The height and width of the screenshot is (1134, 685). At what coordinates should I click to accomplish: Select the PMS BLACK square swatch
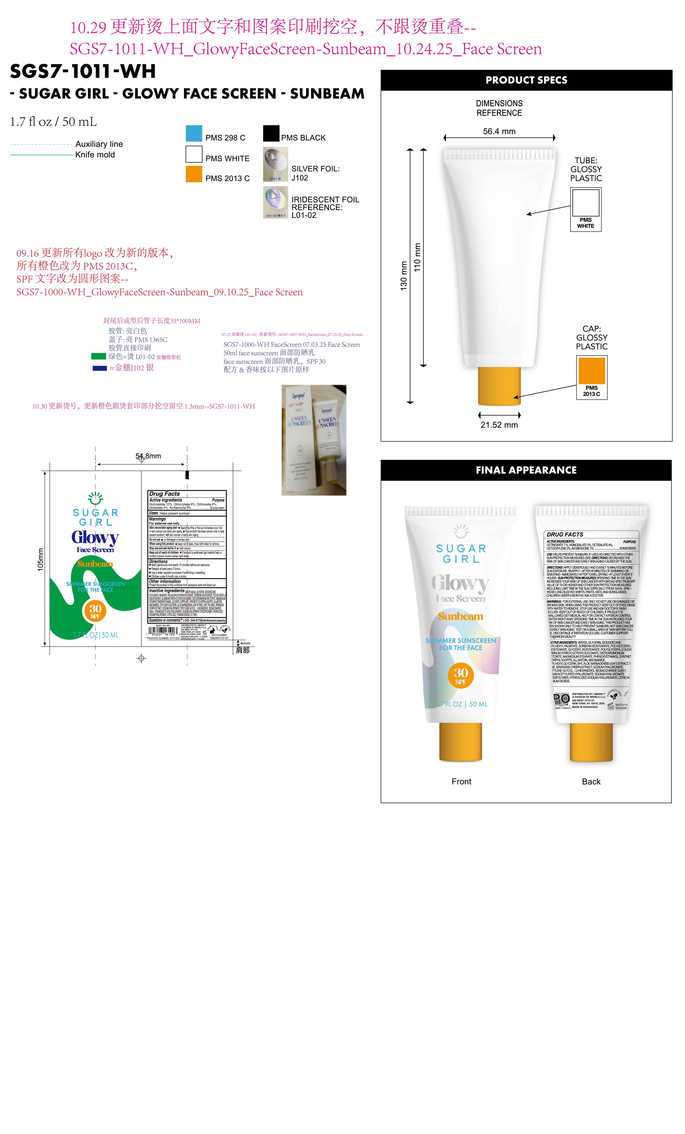click(x=271, y=133)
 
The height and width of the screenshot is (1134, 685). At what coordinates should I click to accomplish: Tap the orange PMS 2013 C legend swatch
click(x=194, y=174)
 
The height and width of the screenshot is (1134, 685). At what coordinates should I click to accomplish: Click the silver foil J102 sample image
click(x=275, y=164)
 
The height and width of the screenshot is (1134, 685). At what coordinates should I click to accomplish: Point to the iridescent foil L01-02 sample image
click(x=275, y=202)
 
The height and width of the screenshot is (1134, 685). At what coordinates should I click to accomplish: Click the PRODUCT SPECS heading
click(x=526, y=80)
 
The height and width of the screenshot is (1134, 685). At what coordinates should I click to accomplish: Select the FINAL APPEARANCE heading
click(x=525, y=470)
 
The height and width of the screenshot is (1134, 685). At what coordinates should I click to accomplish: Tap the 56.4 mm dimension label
click(x=499, y=131)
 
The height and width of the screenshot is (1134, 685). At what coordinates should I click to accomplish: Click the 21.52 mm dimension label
click(x=499, y=425)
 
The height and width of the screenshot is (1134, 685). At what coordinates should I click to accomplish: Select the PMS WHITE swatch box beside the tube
click(x=585, y=202)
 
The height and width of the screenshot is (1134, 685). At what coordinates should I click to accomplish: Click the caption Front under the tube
click(x=461, y=781)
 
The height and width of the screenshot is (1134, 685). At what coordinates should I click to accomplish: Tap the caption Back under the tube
click(x=591, y=781)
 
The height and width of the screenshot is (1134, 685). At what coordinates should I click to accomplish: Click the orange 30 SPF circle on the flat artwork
click(x=95, y=611)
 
